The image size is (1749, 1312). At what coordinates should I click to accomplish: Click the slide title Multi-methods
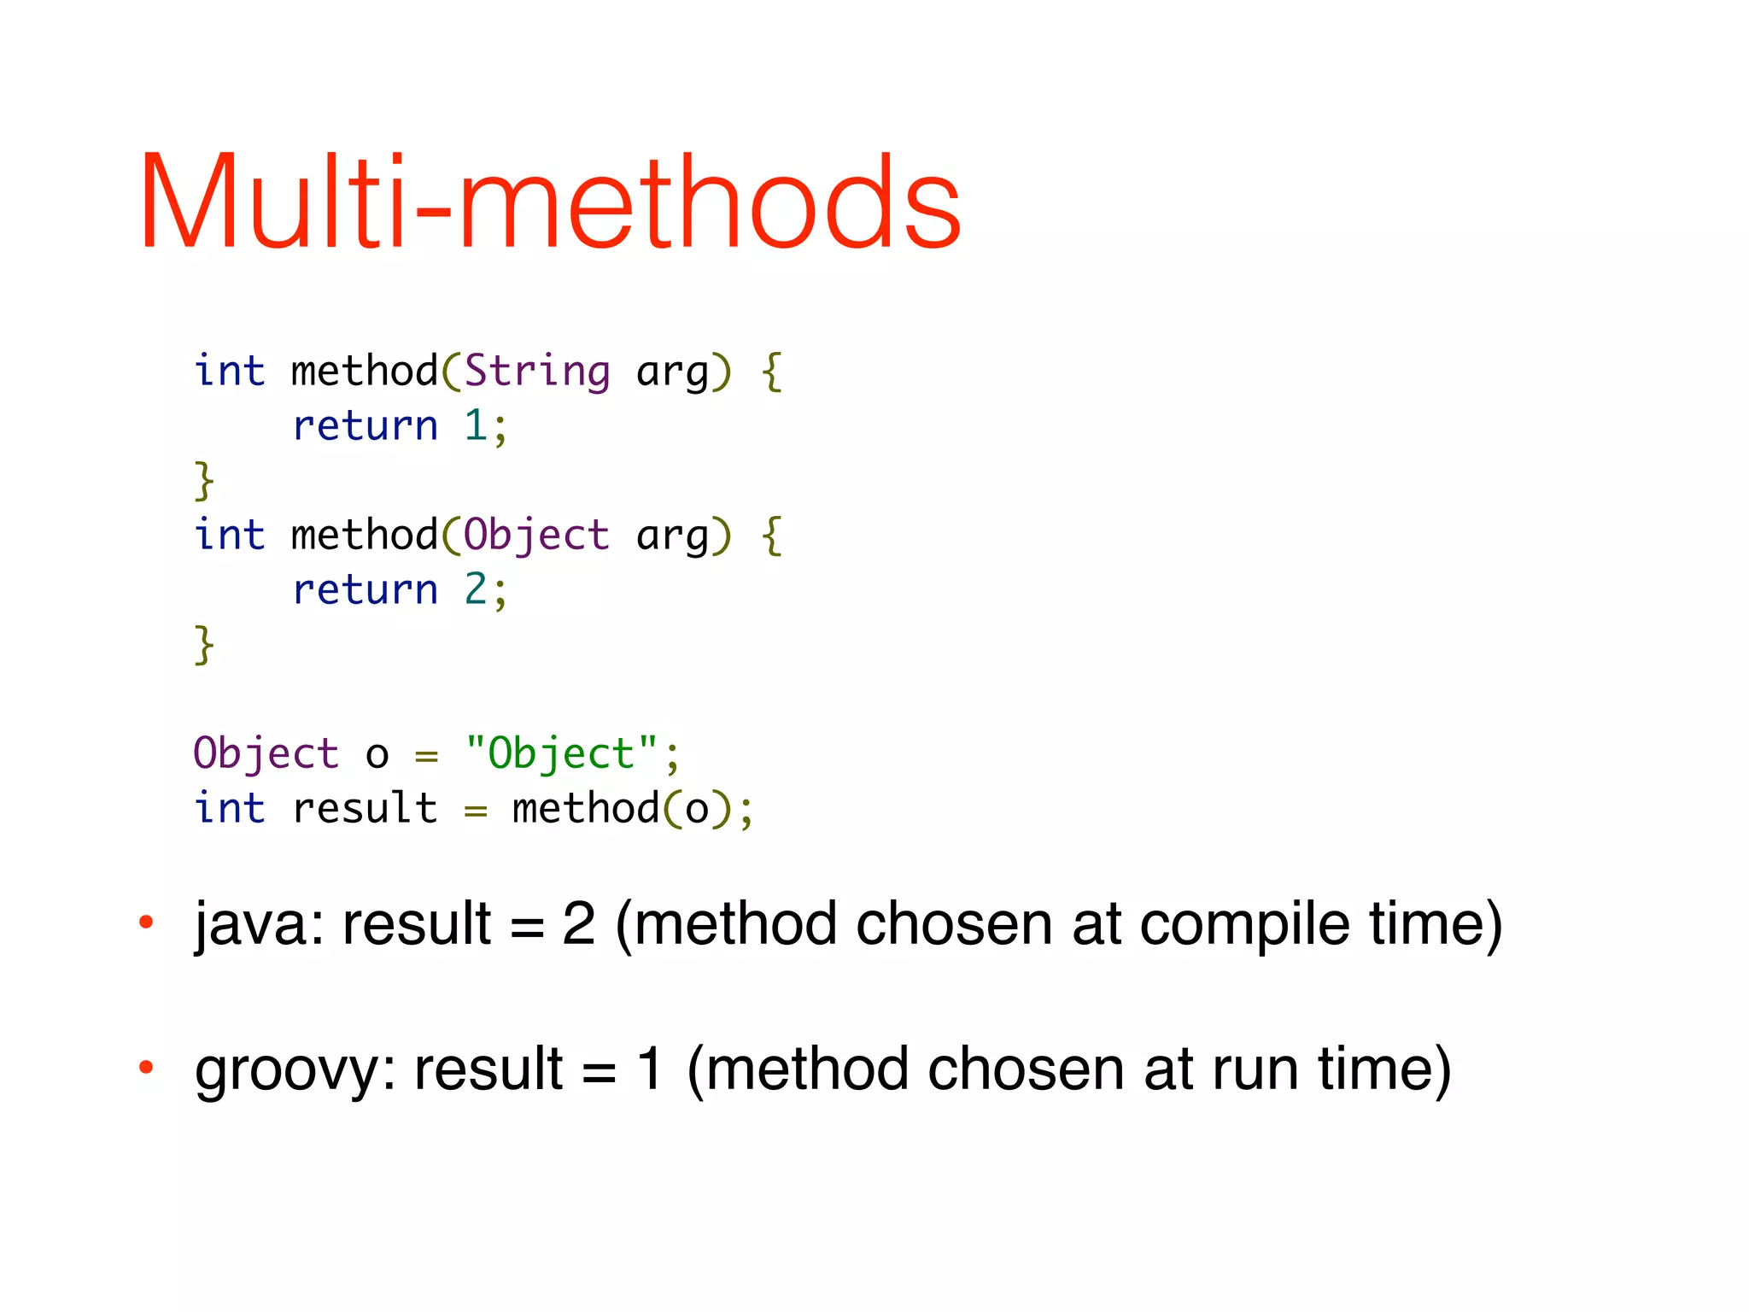551,202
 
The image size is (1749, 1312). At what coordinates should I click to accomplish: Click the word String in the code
537,372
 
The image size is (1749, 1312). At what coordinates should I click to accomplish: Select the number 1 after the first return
476,425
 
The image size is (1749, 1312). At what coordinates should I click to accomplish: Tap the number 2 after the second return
476,589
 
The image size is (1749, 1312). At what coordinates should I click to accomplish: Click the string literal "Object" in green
562,753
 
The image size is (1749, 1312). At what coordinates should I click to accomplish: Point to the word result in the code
365,808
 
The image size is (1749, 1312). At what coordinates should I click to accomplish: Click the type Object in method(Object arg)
536,536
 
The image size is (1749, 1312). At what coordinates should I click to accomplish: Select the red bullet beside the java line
146,922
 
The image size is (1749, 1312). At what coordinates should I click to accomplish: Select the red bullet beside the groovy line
146,1066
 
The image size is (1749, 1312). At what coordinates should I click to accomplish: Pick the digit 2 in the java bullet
578,924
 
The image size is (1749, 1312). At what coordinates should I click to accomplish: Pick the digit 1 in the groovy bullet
650,1069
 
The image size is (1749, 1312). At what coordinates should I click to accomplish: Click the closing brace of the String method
204,480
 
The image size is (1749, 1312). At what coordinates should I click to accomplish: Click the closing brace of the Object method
204,644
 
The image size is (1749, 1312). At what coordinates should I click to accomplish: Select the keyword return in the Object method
365,589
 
